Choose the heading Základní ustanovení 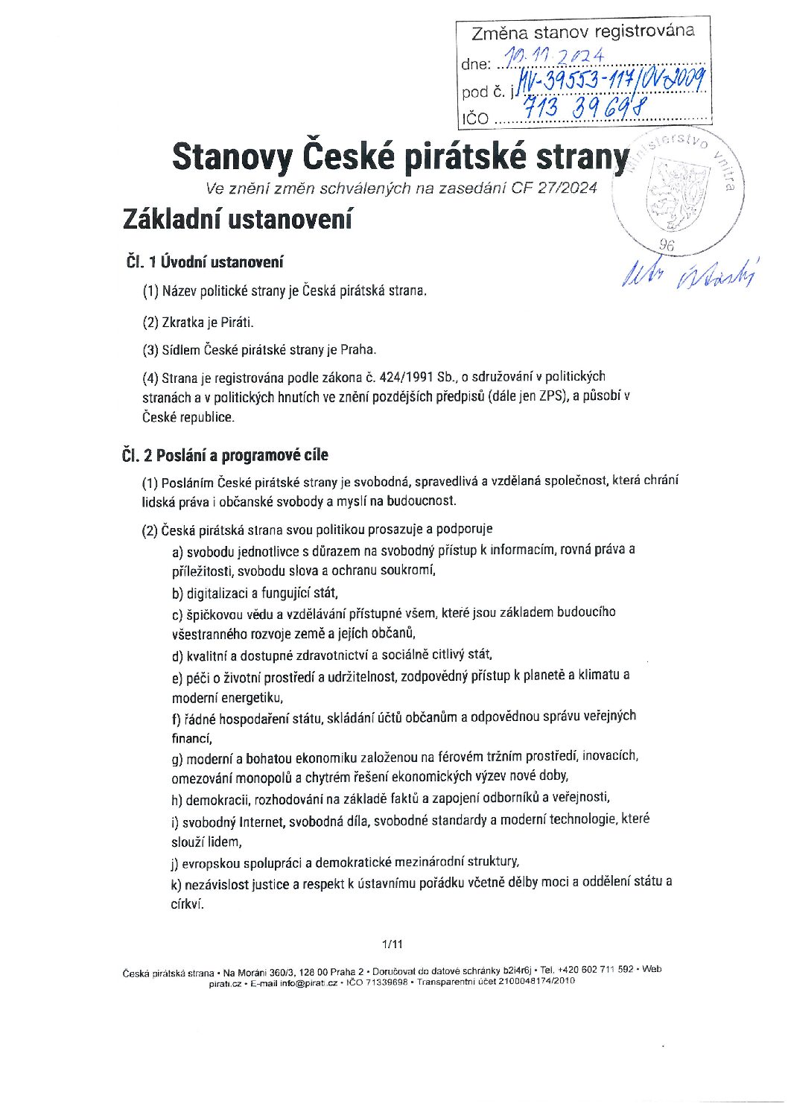(237, 220)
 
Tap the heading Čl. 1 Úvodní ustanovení (205, 261)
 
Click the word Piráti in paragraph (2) (237, 323)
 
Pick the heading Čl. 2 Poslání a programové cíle (225, 455)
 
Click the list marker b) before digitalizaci (177, 594)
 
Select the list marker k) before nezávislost (177, 882)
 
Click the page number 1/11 (393, 944)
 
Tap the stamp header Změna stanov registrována (582, 32)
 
